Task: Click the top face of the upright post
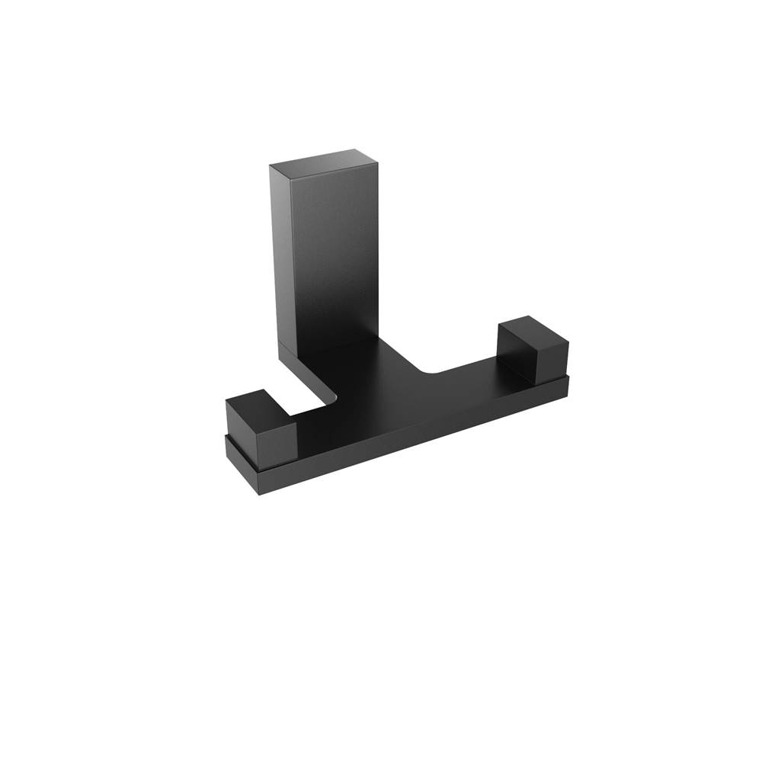click(324, 159)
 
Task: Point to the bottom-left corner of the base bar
click(260, 494)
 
